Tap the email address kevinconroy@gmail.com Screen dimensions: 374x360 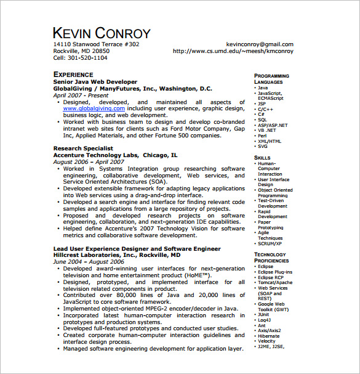[x=260, y=44]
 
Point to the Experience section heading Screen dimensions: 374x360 [x=73, y=75]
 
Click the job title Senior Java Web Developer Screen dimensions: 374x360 [x=95, y=82]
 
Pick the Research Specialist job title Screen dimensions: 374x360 [x=83, y=148]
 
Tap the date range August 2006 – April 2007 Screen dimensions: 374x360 [x=88, y=162]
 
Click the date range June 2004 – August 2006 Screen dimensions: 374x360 [x=87, y=262]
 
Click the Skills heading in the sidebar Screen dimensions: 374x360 [x=262, y=158]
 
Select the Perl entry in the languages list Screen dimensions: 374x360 [x=263, y=136]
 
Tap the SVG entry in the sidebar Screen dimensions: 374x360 [x=263, y=147]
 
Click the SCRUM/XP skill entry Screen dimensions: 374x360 [x=270, y=243]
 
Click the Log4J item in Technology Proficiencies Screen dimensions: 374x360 [x=265, y=319]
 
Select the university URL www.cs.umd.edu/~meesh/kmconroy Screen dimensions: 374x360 [x=233, y=51]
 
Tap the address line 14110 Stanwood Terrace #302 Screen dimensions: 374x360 [x=96, y=44]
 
